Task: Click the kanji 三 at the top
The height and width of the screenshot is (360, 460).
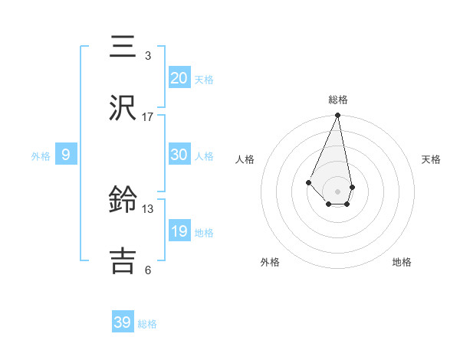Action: (x=123, y=46)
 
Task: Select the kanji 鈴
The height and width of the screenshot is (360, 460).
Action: (x=123, y=201)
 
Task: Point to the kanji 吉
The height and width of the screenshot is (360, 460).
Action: (x=123, y=261)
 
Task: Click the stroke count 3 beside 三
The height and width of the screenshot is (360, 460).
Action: (x=147, y=56)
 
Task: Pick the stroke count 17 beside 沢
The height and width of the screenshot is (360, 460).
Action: (x=147, y=117)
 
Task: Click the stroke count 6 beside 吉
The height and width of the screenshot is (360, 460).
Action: (x=147, y=270)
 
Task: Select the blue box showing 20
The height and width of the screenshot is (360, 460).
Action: (x=179, y=78)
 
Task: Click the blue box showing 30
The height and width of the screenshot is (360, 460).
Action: (x=179, y=155)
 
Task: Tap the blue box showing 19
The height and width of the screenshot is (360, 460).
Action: (x=179, y=231)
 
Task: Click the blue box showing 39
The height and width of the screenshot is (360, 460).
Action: (x=123, y=322)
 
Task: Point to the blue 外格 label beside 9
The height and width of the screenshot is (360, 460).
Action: (x=41, y=156)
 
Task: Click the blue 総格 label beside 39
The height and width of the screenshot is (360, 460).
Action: (x=147, y=324)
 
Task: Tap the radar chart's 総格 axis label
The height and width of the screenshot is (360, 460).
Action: (x=337, y=100)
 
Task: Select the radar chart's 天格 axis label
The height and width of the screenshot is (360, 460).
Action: (x=431, y=159)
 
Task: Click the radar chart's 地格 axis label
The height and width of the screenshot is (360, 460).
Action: (x=402, y=262)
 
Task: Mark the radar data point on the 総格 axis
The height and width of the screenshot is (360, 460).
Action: (x=337, y=116)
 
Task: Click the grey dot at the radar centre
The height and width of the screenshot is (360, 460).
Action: (x=337, y=191)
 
